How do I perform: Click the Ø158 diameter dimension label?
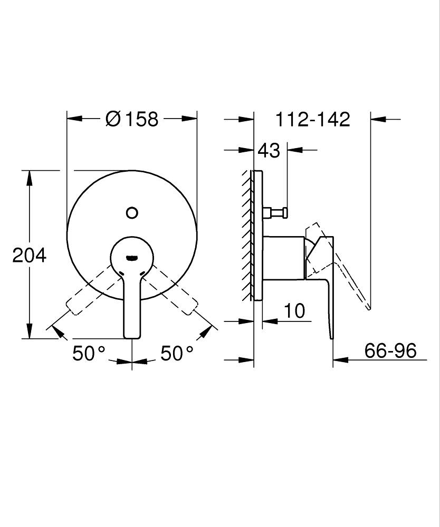click(x=131, y=119)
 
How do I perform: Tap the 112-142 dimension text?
click(x=313, y=119)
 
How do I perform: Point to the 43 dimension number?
click(x=269, y=150)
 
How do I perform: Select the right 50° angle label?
click(x=177, y=353)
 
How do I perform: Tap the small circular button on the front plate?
click(x=132, y=213)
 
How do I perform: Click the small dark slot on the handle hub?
click(x=132, y=258)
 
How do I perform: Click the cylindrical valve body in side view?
click(x=283, y=257)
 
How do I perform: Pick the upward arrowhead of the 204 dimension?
click(x=30, y=177)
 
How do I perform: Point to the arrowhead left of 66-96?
click(x=340, y=360)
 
